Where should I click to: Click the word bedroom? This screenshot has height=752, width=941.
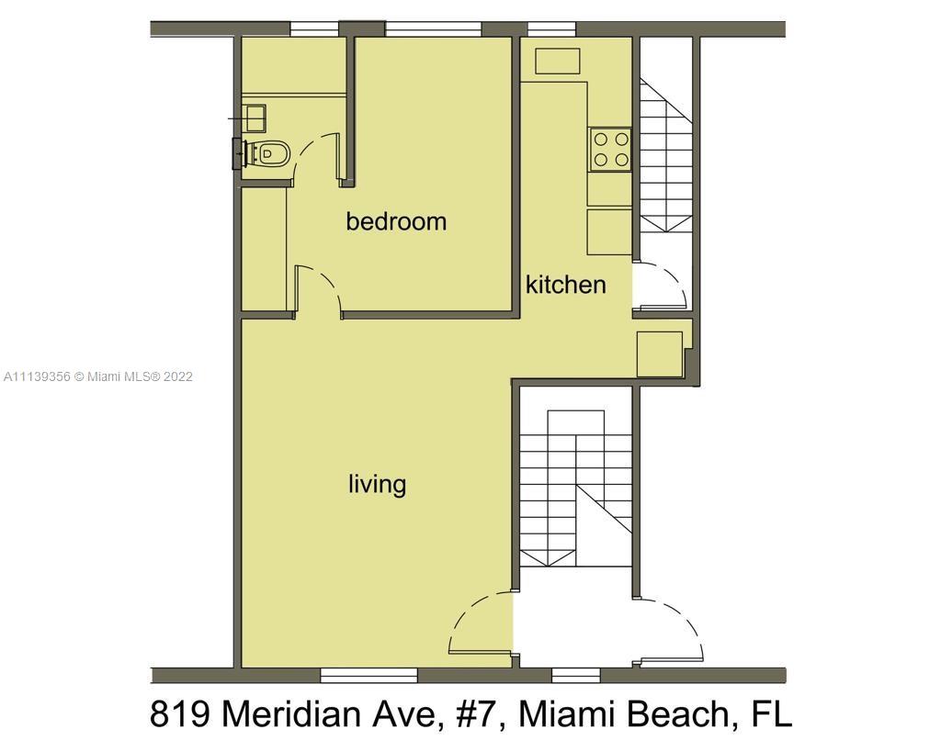[x=396, y=222]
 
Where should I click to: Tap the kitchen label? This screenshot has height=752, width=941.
[x=565, y=285]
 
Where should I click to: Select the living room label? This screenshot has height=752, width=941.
[x=377, y=485]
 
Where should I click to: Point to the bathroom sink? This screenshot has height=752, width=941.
[x=255, y=118]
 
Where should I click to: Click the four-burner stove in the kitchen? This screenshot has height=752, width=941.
[x=610, y=150]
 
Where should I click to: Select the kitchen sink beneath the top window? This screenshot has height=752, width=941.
[x=558, y=62]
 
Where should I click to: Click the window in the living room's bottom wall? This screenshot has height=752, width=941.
[x=368, y=675]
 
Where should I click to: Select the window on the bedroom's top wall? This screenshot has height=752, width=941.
[x=434, y=28]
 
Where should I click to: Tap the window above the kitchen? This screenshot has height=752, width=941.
[x=551, y=28]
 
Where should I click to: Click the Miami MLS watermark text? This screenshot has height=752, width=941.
[x=98, y=376]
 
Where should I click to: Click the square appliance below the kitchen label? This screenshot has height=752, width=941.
[x=659, y=354]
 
